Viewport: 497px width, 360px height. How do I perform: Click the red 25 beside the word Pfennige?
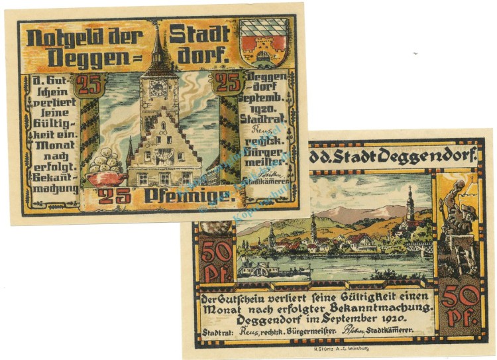tap(109, 194)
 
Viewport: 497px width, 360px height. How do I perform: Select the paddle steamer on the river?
tap(265, 268)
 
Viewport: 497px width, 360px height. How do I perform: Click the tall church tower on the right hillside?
tap(410, 206)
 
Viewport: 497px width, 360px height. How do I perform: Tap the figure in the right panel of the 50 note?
tap(457, 219)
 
